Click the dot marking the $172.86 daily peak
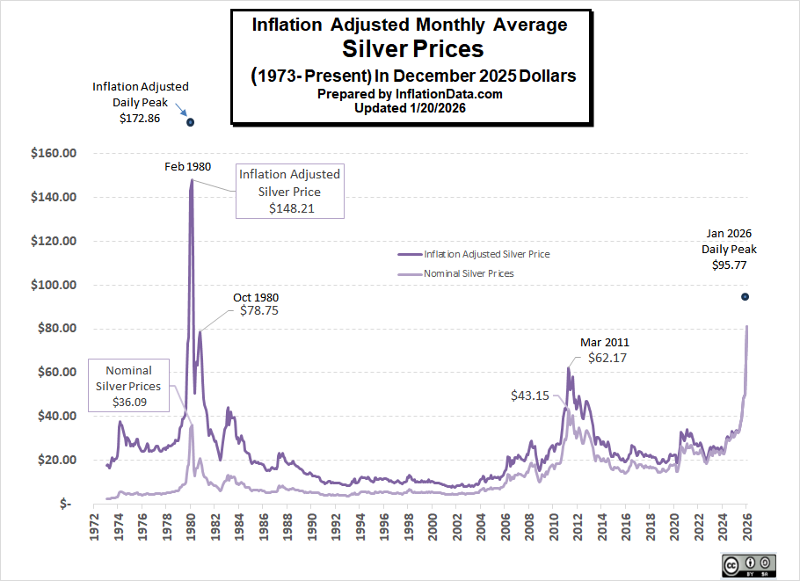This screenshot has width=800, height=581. coord(190,121)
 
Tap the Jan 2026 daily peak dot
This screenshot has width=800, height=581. coord(745,296)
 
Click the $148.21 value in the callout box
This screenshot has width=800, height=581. coord(291,208)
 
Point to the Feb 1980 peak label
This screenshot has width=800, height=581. coord(187,166)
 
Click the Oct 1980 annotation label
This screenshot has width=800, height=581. coord(255,297)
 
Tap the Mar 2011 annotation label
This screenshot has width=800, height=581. coord(604,342)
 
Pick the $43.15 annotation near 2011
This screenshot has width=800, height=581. coord(530,396)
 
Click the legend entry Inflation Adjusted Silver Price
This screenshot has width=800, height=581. coord(487,253)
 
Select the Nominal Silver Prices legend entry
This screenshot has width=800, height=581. coord(469,273)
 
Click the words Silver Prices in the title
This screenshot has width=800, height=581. coord(412,49)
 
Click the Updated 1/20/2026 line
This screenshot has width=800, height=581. coord(410,108)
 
